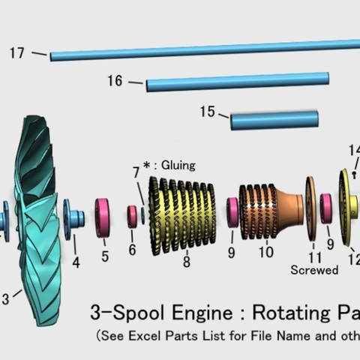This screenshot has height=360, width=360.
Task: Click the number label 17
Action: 17,53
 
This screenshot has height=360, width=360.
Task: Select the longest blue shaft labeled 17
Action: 202,49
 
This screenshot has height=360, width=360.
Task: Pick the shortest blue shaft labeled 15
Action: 274,119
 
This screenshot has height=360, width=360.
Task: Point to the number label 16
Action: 115,81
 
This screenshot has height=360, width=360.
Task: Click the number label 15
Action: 208,112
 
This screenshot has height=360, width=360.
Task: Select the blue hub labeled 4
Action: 74,217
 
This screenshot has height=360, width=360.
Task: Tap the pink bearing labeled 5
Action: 104,214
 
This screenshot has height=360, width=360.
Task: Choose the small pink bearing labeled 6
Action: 132,216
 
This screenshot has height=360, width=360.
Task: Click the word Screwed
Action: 314,269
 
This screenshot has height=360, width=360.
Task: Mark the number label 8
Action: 186,262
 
